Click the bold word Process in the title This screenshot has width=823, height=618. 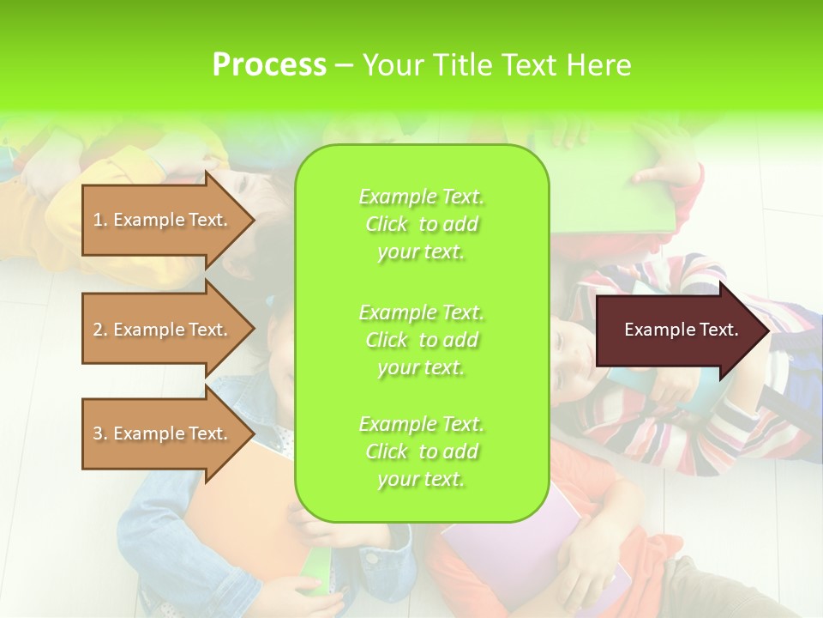(269, 65)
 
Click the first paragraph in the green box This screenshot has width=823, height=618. (421, 224)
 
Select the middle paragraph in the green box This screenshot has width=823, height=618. (421, 340)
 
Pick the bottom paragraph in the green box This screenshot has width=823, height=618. (421, 451)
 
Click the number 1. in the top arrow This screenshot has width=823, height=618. (100, 220)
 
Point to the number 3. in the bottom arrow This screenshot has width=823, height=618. (100, 433)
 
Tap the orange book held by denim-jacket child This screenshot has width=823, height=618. (231, 524)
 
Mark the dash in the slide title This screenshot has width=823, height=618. (344, 66)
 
